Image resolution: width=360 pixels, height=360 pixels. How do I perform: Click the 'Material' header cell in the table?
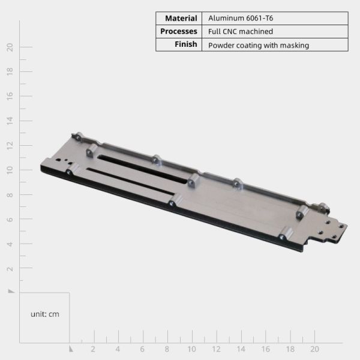click(x=178, y=18)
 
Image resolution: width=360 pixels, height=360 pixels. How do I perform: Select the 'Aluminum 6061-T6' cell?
click(x=235, y=18)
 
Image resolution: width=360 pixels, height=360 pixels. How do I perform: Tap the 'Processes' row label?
click(x=178, y=31)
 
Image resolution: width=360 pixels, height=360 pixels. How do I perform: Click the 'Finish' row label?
click(x=178, y=44)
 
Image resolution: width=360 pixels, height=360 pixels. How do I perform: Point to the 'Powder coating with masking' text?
click(x=258, y=45)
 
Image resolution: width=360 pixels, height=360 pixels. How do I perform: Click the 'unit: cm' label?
click(x=45, y=314)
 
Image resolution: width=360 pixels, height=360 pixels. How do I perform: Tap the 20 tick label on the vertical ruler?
click(x=10, y=47)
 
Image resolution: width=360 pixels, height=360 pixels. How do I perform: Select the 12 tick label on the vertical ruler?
click(x=10, y=145)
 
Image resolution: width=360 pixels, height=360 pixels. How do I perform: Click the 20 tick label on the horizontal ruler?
click(x=314, y=349)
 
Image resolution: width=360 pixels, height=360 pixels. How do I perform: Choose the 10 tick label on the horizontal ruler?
click(x=191, y=349)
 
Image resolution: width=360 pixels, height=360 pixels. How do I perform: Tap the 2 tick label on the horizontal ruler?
click(x=93, y=349)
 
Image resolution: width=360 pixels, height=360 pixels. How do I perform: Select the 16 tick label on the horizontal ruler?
click(x=265, y=349)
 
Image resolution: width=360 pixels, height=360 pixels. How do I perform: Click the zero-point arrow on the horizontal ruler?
click(x=70, y=348)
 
